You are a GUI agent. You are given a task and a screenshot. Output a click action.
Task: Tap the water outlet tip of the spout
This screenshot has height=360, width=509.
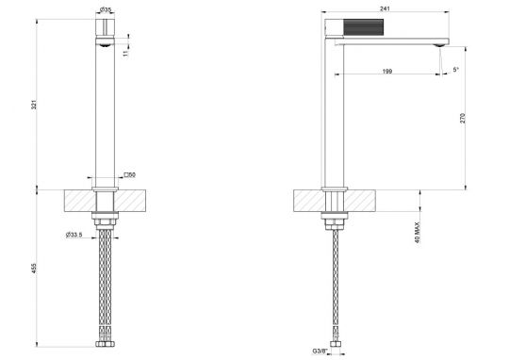click(x=437, y=44)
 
